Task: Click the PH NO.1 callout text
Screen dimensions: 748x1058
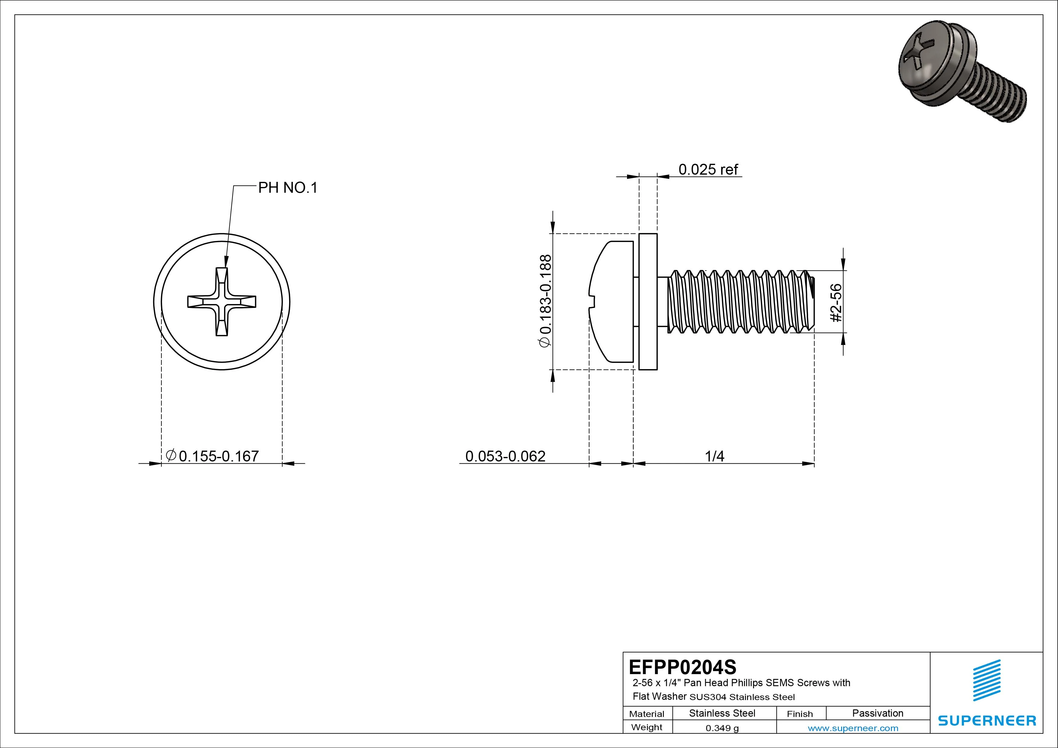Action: click(287, 188)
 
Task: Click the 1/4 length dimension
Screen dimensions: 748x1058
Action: click(714, 456)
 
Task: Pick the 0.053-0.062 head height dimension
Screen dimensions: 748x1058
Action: click(505, 456)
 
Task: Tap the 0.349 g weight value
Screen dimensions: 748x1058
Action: click(722, 728)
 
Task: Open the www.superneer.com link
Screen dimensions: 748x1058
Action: click(853, 728)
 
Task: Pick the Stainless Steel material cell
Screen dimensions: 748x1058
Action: click(722, 713)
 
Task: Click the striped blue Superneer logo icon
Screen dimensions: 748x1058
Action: click(987, 680)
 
